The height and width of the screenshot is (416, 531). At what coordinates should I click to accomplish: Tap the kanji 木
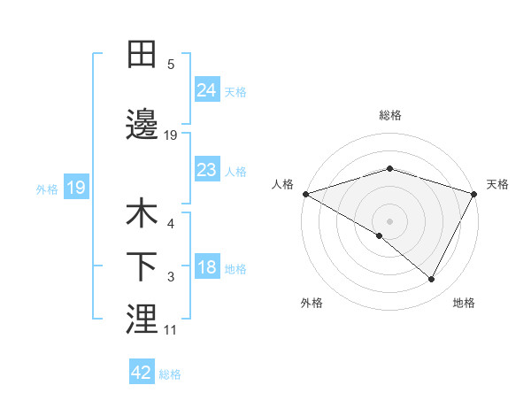[x=142, y=213]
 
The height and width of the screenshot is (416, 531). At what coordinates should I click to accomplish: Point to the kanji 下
[x=142, y=266]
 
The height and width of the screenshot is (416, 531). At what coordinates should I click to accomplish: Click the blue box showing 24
[x=207, y=89]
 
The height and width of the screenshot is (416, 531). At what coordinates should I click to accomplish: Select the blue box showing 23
[x=207, y=169]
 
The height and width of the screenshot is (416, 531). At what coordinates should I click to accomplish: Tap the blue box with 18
[x=207, y=266]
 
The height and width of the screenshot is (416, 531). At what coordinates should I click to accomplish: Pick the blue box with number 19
[x=75, y=188]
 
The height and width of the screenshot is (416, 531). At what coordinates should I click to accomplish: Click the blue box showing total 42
[x=142, y=373]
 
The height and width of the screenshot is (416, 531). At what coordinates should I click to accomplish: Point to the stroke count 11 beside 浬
[x=171, y=330]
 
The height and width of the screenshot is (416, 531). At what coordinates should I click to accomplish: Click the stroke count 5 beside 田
[x=171, y=64]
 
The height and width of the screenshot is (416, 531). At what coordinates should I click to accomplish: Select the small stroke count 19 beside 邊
[x=171, y=135]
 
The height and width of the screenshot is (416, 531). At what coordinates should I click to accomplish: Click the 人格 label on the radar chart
[x=282, y=184]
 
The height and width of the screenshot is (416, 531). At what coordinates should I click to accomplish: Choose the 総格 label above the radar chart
[x=390, y=115]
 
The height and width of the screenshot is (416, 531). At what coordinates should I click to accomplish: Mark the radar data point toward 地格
[x=432, y=280]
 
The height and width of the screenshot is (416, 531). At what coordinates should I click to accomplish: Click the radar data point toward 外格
[x=380, y=235]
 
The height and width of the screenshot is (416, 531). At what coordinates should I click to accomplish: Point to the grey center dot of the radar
[x=390, y=220]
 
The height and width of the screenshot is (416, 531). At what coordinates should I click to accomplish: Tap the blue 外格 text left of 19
[x=46, y=189]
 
